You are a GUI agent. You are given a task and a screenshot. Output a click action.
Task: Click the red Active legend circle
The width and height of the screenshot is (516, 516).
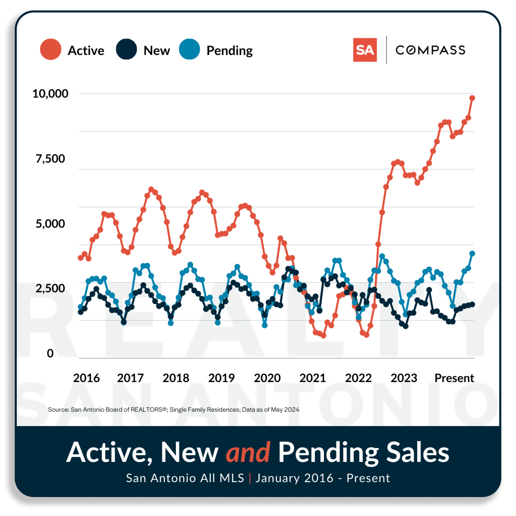(50, 49)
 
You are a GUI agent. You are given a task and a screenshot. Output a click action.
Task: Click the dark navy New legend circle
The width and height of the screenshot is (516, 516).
(126, 49)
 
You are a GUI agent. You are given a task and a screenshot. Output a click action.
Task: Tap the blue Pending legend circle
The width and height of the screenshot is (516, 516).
(189, 49)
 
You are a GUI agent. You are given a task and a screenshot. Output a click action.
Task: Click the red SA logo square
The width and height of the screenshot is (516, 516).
(365, 50)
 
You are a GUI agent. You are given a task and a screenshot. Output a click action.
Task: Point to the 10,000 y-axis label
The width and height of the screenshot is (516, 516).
(50, 94)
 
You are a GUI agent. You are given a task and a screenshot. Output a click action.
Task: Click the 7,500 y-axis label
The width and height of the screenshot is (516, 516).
(50, 159)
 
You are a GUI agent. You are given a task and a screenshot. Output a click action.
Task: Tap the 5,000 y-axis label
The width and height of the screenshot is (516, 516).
(50, 224)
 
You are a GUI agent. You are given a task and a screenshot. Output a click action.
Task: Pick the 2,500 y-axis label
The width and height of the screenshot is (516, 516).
(50, 289)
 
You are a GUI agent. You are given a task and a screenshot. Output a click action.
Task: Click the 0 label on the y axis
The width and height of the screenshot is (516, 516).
(50, 353)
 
